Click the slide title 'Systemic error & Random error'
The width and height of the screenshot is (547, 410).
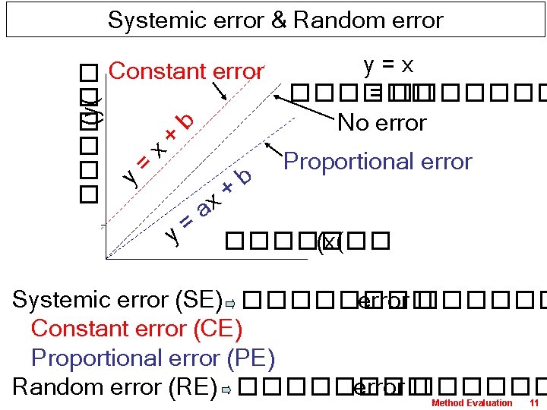275,20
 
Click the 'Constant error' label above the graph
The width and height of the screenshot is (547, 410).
186,71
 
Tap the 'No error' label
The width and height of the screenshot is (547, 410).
382,122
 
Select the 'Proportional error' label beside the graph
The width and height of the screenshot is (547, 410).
378,162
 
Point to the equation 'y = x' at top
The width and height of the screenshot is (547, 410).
388,65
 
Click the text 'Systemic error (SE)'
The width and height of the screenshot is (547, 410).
117,300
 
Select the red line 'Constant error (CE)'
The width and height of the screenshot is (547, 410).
137,329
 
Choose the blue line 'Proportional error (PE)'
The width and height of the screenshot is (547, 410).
153,358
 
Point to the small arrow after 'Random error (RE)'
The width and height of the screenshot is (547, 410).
226,390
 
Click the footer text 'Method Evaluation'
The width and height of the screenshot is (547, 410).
472,402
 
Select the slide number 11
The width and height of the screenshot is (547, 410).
533,402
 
